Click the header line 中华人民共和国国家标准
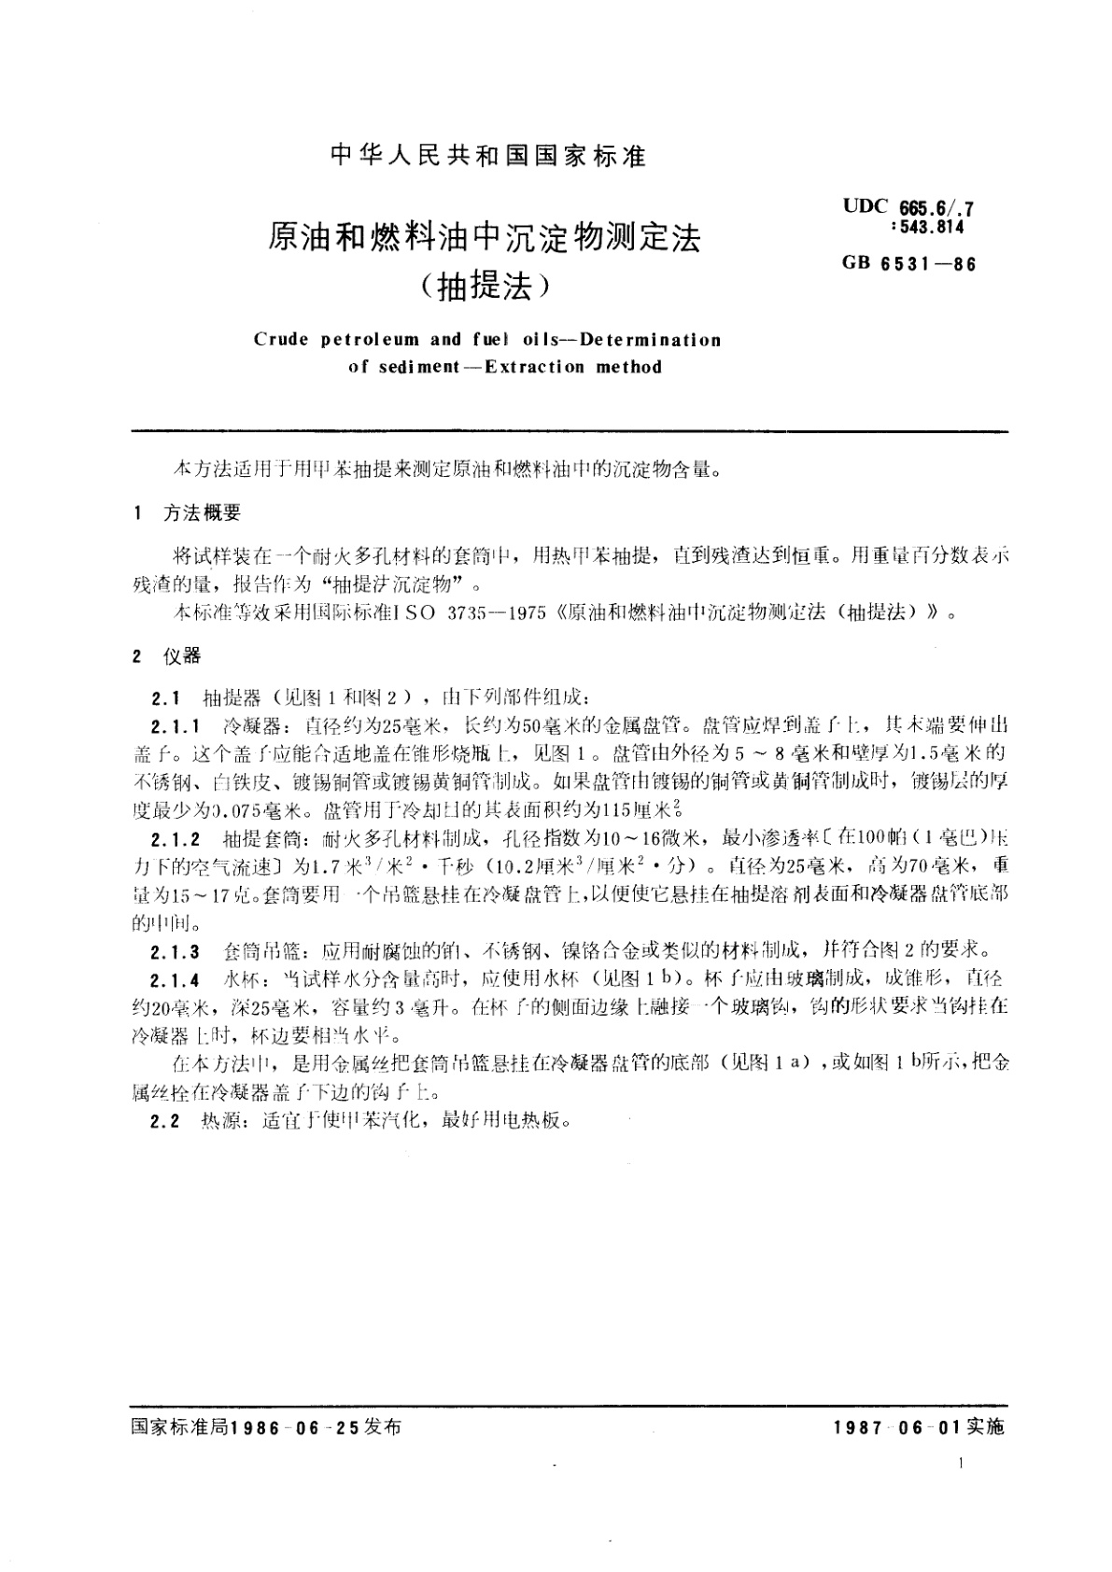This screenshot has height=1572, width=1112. (488, 156)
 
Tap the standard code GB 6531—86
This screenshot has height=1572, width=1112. (908, 263)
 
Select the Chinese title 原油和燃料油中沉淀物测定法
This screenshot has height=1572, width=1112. (485, 239)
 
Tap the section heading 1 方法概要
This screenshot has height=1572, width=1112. (188, 512)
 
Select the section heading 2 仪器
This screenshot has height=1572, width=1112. (167, 656)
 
